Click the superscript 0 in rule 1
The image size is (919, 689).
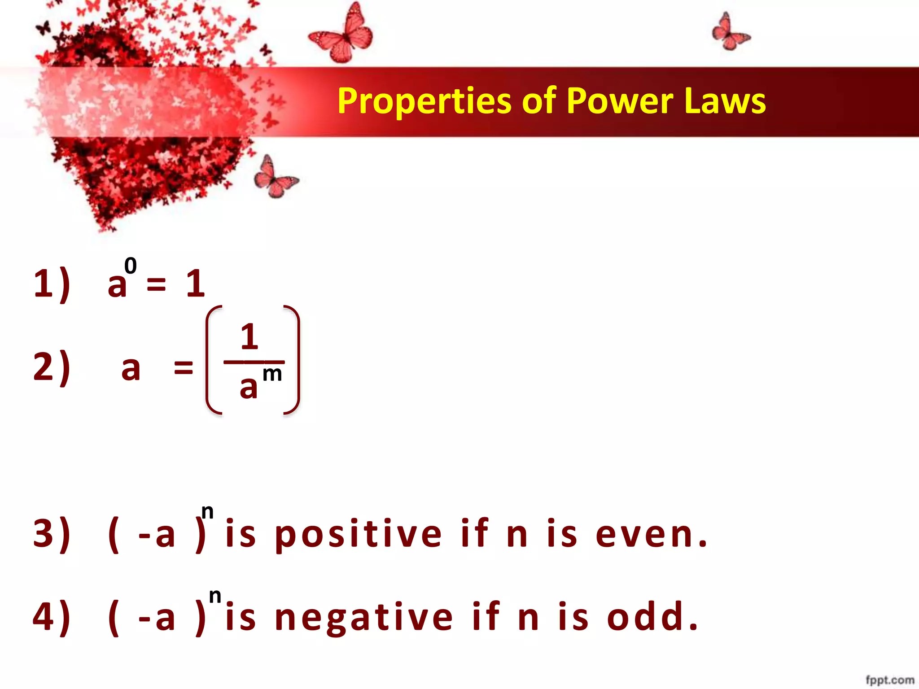tap(130, 266)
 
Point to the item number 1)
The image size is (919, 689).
tap(52, 283)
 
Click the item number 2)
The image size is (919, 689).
tap(52, 367)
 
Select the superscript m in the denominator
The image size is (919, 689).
tap(272, 374)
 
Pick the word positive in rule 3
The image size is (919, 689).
tap(358, 534)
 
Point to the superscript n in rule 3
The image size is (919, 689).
tap(207, 512)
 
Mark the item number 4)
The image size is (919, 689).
tap(52, 617)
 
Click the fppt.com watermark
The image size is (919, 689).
tap(889, 680)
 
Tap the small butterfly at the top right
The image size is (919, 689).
tap(730, 32)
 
